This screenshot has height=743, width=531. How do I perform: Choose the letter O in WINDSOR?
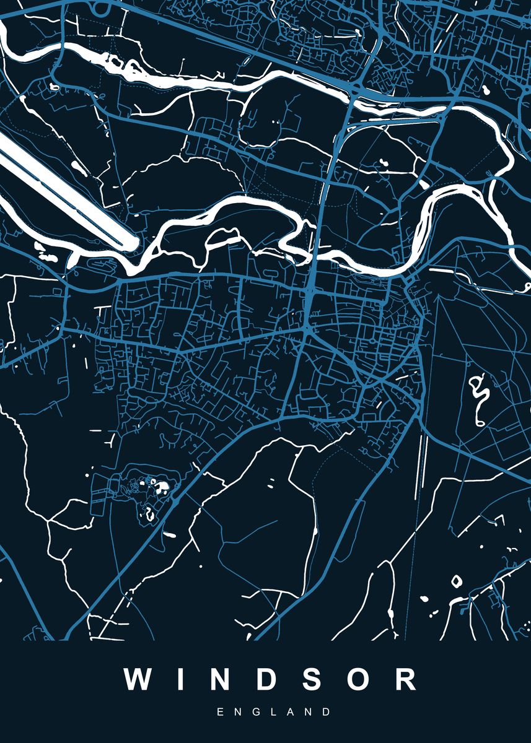(x=359, y=679)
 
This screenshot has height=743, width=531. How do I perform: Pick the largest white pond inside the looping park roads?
(x=163, y=487)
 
